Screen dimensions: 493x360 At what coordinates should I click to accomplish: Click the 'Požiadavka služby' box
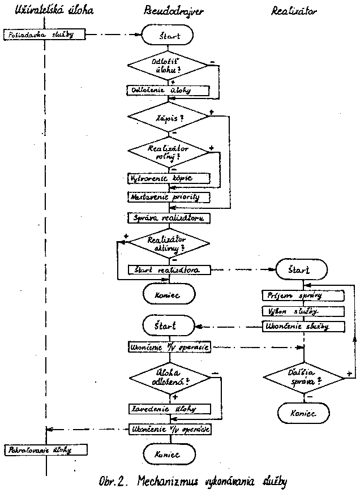point(45,35)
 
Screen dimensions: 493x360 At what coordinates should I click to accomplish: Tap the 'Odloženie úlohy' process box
point(169,89)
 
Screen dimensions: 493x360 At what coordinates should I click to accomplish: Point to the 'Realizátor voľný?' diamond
point(169,151)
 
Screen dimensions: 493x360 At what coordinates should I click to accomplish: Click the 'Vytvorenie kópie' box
point(169,178)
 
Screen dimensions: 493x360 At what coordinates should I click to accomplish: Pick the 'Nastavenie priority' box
point(169,197)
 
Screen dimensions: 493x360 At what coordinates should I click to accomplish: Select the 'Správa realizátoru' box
point(169,217)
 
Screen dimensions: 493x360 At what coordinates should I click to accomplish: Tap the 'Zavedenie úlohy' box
point(169,409)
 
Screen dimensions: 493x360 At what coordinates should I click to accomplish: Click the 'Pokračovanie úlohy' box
point(45,450)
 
